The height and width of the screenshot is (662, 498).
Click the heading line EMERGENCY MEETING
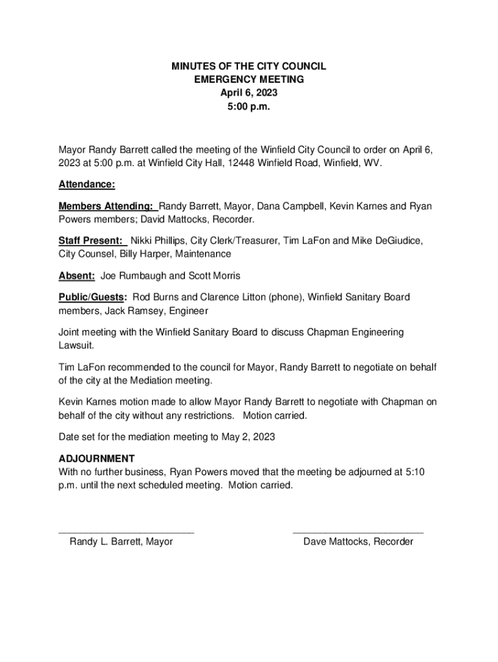click(x=249, y=80)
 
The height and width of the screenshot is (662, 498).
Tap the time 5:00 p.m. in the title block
click(x=249, y=106)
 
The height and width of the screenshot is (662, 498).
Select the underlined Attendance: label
click(x=87, y=184)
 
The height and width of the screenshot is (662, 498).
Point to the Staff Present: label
click(x=91, y=241)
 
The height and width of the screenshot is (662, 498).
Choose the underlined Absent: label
click(x=77, y=276)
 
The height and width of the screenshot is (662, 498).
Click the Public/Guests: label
click(x=92, y=297)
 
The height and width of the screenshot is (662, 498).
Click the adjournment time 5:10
click(x=413, y=472)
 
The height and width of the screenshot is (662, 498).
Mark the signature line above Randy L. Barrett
click(x=126, y=531)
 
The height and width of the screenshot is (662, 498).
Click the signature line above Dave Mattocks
click(x=358, y=531)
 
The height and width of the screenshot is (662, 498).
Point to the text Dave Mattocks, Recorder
click(x=358, y=542)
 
